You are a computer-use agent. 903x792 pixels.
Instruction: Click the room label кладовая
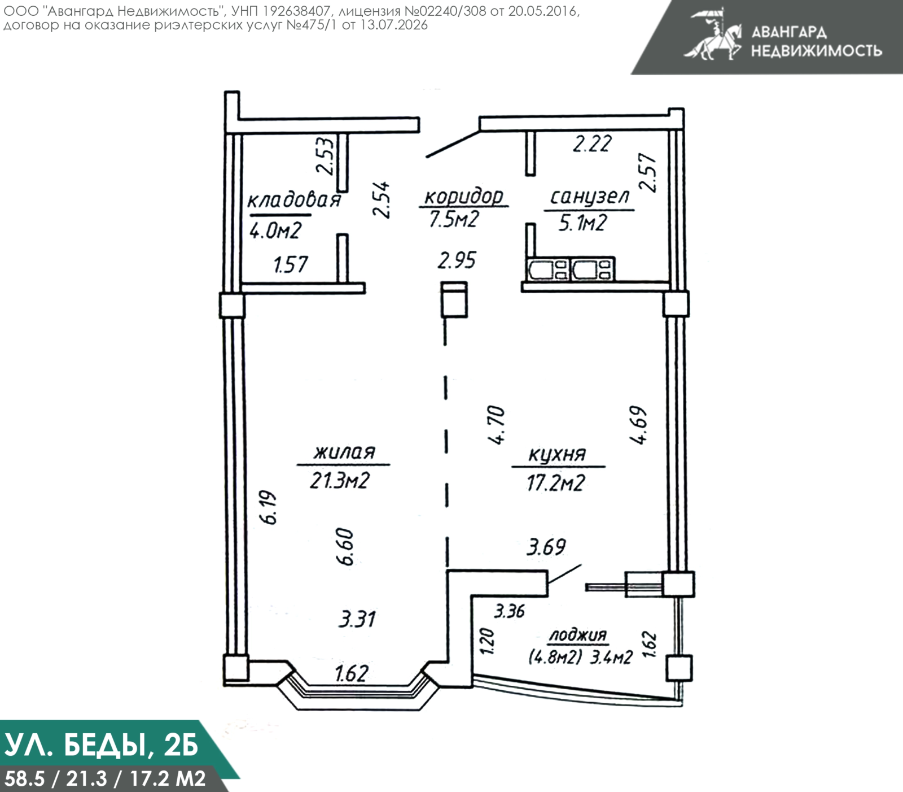point(294,201)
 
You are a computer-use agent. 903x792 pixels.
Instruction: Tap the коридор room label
point(463,197)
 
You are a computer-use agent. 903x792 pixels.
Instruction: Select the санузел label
point(589,197)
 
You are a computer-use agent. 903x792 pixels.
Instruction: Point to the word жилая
point(344,452)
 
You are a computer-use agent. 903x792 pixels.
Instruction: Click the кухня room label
point(557,454)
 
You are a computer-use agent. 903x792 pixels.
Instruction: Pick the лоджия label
point(578,635)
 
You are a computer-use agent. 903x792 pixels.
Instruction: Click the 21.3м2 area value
point(340,481)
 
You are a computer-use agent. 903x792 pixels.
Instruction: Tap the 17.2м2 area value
point(556,483)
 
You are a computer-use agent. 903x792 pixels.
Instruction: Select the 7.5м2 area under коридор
point(454,219)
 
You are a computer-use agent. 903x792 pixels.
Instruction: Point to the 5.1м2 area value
point(582,223)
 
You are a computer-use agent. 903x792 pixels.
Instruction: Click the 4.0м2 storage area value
point(275,230)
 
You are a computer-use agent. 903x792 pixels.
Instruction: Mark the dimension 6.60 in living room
point(344,547)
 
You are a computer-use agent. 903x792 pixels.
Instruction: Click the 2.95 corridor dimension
point(457,260)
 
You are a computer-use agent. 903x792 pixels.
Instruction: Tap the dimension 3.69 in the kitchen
point(546,547)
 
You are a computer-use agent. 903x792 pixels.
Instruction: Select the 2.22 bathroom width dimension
point(592,144)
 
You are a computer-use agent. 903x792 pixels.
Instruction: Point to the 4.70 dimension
point(497,425)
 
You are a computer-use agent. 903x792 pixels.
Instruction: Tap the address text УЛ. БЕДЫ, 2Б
point(102,745)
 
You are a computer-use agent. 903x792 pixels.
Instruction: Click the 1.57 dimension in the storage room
point(291,264)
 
